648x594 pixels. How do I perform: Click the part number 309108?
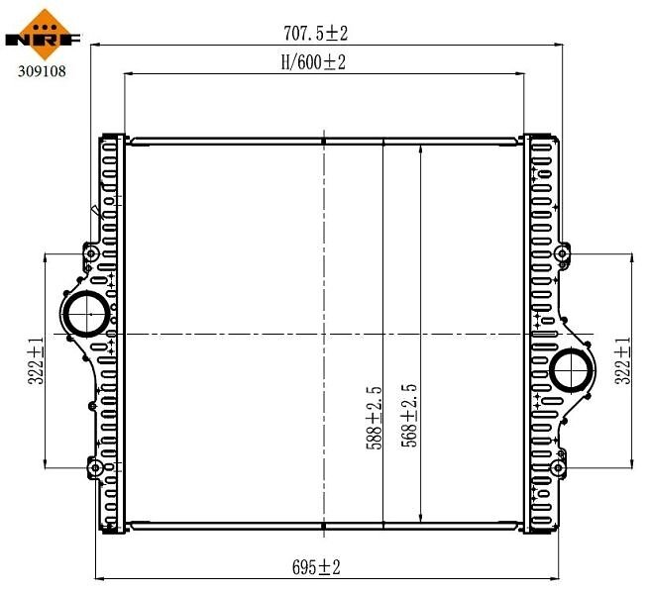click(x=42, y=71)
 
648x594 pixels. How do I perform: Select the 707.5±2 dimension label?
click(x=315, y=33)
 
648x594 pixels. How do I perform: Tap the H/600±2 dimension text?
click(x=313, y=62)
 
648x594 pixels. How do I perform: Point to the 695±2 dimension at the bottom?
click(x=316, y=567)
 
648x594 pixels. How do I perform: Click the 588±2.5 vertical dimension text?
click(x=374, y=418)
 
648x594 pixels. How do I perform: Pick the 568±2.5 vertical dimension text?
click(x=409, y=416)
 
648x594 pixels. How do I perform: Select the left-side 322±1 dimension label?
click(x=36, y=360)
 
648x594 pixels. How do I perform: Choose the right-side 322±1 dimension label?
click(x=623, y=360)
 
